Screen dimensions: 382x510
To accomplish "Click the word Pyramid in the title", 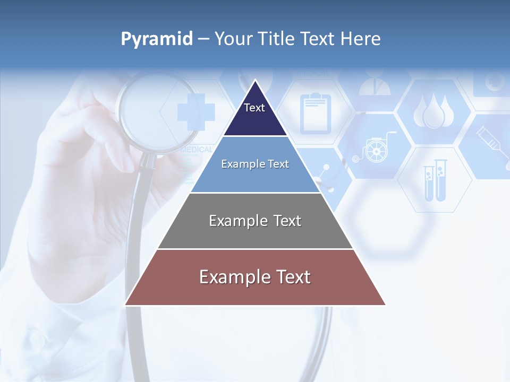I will pyautogui.click(x=156, y=39).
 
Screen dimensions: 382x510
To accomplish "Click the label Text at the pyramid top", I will pyautogui.click(x=254, y=108).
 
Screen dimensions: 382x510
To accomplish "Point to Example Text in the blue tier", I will pyautogui.click(x=255, y=164).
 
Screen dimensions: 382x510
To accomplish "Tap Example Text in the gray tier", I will pyautogui.click(x=255, y=221).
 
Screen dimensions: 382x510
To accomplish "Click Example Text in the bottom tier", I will pyautogui.click(x=255, y=277).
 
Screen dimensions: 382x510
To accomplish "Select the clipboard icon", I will pyautogui.click(x=315, y=113).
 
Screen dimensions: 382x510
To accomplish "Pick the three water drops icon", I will pyautogui.click(x=433, y=111).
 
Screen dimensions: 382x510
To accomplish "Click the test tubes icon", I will pyautogui.click(x=435, y=180).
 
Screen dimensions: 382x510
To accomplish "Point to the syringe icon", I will pyautogui.click(x=493, y=143).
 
